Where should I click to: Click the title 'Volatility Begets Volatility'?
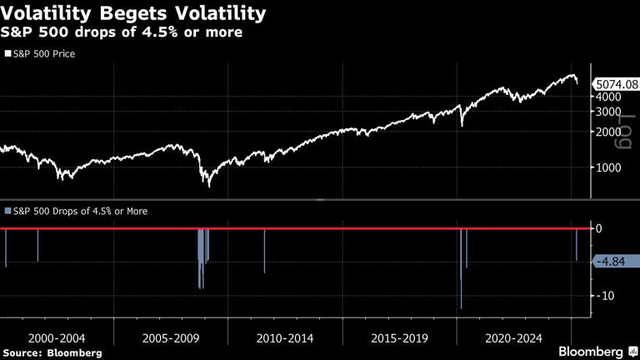click(x=133, y=14)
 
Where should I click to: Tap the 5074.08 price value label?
click(x=614, y=83)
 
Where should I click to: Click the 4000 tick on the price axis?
click(x=607, y=96)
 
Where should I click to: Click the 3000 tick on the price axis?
click(x=607, y=111)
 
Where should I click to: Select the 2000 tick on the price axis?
click(x=607, y=132)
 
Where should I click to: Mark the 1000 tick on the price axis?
click(x=607, y=167)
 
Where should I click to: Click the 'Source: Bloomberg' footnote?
click(x=52, y=352)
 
